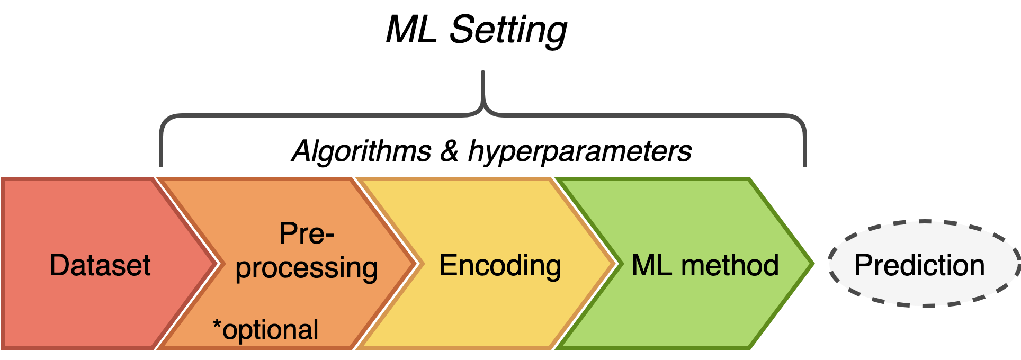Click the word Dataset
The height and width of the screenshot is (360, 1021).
tap(100, 265)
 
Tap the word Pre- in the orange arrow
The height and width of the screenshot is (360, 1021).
tap(307, 233)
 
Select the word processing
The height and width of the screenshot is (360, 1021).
tap(307, 267)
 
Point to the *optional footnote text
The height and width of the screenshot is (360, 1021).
tap(266, 330)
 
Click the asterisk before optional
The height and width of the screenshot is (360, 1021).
tap(217, 324)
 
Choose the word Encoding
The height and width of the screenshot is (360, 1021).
tap(500, 265)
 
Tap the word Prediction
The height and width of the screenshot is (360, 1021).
tap(919, 265)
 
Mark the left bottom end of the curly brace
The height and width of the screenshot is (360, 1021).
tap(160, 165)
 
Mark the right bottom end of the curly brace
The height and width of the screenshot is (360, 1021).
tap(805, 165)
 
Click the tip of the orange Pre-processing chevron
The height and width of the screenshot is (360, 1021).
tap(416, 263)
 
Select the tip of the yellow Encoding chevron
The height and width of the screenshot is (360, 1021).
tap(615, 263)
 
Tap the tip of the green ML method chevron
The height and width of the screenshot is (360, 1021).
tap(812, 263)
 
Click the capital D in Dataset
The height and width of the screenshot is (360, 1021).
tap(59, 265)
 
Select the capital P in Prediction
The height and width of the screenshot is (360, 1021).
tap(864, 265)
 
